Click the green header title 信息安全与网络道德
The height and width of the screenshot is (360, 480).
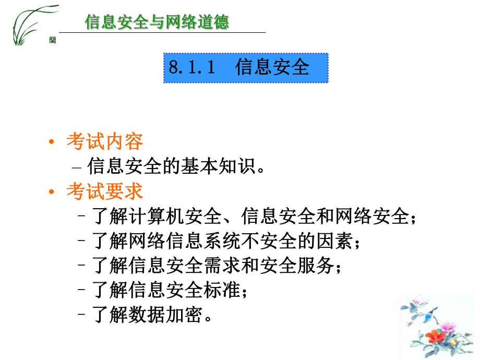(x=157, y=22)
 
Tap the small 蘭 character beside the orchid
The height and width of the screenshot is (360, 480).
(x=53, y=40)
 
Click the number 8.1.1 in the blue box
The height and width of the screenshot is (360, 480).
(x=191, y=67)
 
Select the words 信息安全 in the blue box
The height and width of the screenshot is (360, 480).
(x=272, y=67)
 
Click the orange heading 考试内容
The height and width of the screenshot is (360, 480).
(x=104, y=141)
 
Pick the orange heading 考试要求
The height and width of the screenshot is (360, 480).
(x=104, y=191)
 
